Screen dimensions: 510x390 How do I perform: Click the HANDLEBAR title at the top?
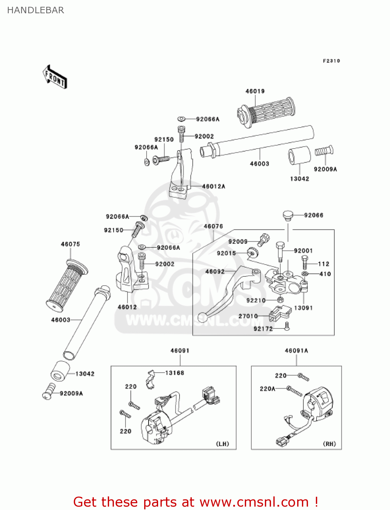pos(35,10)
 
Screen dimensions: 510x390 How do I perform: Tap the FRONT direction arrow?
pos(55,77)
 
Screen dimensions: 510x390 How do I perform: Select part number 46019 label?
pos(255,91)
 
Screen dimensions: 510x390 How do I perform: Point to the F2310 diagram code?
pos(331,61)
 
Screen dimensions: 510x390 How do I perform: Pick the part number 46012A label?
pos(214,186)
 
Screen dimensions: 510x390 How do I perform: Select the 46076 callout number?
pos(213,226)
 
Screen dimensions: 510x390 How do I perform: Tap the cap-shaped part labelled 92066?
pos(288,215)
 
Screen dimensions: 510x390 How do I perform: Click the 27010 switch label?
pos(248,316)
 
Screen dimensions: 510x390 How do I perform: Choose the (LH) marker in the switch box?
pos(222,444)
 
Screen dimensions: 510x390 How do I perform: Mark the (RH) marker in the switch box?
pos(329,444)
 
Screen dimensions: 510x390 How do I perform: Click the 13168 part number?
pos(174,373)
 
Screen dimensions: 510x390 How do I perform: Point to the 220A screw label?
pos(267,389)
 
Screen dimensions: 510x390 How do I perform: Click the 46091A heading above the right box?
pos(296,351)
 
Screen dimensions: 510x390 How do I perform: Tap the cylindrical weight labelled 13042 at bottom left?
pos(60,371)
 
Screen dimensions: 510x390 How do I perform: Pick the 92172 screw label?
pos(263,329)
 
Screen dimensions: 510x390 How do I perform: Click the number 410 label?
pos(325,274)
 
